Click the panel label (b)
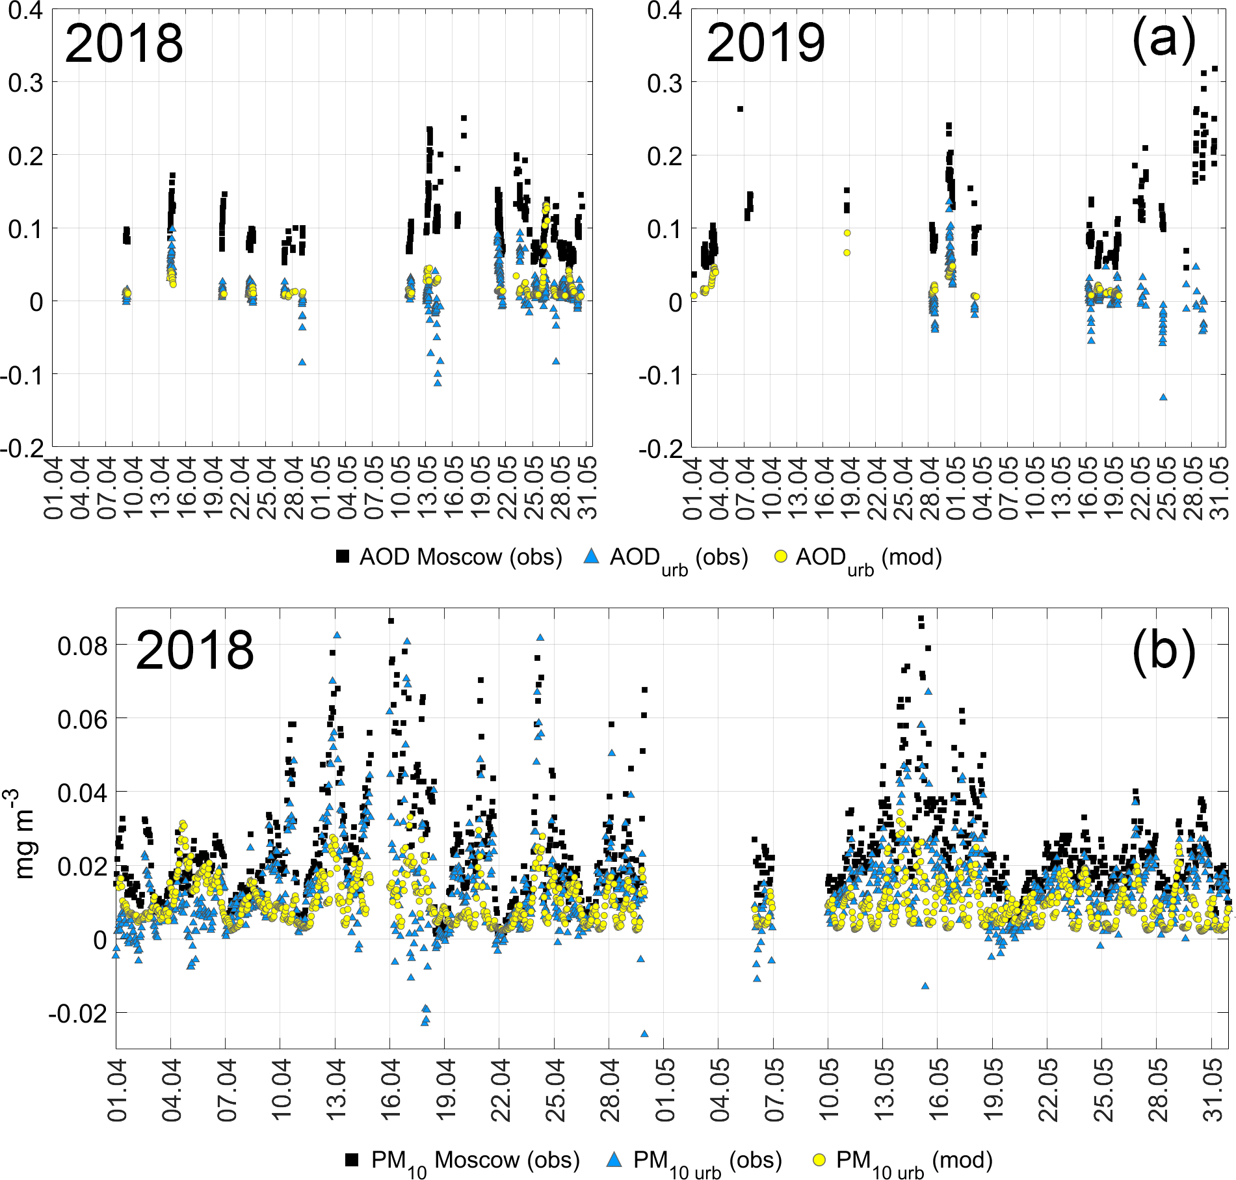tap(1163, 650)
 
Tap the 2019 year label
tap(765, 43)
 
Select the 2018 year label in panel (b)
tap(194, 650)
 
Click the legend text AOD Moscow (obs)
tap(460, 557)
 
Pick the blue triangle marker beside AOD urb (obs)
tap(591, 556)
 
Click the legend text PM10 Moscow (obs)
tap(475, 1160)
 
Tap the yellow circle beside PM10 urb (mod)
tap(819, 1160)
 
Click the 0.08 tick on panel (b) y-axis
tap(82, 647)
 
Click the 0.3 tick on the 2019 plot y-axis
tap(664, 83)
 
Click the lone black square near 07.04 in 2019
tap(740, 109)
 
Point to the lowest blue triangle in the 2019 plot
tap(1163, 397)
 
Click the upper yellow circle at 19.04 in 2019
tap(847, 233)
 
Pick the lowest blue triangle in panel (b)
tap(644, 1033)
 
